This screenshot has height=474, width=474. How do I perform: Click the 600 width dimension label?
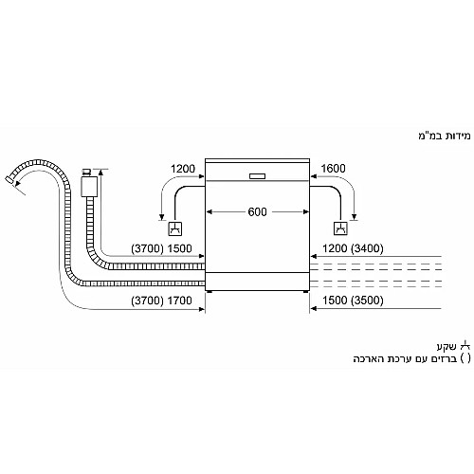[x=257, y=211]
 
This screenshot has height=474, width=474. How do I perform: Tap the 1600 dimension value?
[x=333, y=169]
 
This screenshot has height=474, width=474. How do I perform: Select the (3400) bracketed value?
[x=367, y=248]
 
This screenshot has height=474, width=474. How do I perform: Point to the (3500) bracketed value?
[x=367, y=301]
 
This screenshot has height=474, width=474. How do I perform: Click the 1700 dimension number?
[x=179, y=301]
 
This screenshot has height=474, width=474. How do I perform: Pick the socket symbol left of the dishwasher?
[x=174, y=228]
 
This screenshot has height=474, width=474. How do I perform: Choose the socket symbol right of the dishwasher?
[x=340, y=228]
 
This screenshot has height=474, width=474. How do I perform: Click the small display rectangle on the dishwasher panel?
[x=257, y=176]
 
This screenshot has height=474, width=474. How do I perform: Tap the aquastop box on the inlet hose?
[x=89, y=187]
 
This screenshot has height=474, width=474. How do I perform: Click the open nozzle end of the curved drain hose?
[x=9, y=180]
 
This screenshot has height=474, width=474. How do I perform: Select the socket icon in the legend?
[x=465, y=345]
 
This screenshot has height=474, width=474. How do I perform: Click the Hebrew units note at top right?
[x=445, y=136]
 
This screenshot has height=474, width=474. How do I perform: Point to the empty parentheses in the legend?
[x=465, y=358]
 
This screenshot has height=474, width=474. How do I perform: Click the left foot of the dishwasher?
[x=210, y=292]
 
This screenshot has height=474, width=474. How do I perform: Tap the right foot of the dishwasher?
[x=305, y=292]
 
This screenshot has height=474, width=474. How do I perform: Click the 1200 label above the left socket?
[x=183, y=169]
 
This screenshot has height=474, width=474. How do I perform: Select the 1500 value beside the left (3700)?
[x=179, y=248]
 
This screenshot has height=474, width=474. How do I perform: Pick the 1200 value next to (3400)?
[x=335, y=248]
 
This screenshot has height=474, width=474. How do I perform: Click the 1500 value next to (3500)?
[x=335, y=301]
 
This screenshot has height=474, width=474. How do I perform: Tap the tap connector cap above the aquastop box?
[x=86, y=172]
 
